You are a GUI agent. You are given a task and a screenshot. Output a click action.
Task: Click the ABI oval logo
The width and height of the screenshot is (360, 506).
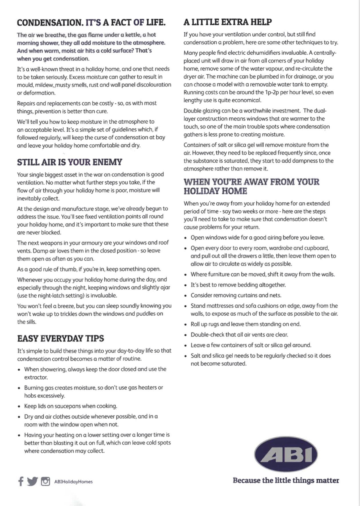[x=286, y=454]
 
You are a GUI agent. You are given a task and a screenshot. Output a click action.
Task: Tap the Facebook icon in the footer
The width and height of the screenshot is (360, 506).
[x=21, y=481]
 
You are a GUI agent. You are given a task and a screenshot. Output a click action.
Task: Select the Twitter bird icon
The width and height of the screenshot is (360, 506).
[x=32, y=481]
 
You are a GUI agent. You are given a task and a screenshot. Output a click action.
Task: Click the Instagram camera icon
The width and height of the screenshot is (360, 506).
[x=45, y=481]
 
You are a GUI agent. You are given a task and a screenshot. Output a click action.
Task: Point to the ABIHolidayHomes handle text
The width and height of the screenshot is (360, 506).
[x=74, y=482]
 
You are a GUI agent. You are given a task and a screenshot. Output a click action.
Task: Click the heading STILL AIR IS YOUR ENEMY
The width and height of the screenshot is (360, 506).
[x=70, y=162]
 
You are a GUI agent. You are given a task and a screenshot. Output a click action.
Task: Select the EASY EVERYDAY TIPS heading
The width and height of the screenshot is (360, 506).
[x=60, y=339]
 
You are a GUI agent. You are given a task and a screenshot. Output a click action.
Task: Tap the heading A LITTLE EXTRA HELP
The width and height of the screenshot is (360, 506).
[x=228, y=22]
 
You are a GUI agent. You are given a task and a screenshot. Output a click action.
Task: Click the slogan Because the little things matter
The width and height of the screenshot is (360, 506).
[x=286, y=480]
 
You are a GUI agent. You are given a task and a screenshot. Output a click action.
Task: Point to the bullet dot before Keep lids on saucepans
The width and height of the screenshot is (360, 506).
[x=19, y=406]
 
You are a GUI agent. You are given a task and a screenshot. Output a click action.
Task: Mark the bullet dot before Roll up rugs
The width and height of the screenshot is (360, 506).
[x=186, y=325]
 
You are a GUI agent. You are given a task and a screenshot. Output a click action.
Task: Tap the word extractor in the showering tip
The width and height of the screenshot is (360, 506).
[x=36, y=377]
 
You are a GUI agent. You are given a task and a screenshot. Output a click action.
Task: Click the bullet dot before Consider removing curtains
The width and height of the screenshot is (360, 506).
[x=186, y=296]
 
